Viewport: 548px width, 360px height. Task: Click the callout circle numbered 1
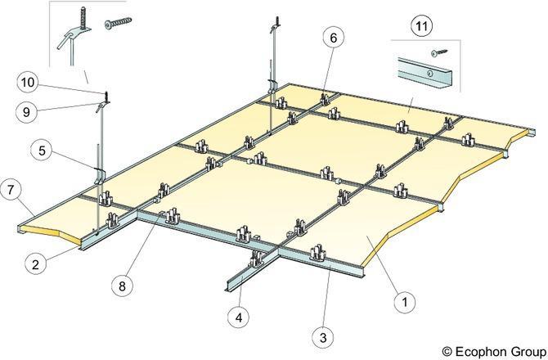click(x=405, y=301)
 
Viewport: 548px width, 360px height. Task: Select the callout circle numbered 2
click(x=35, y=264)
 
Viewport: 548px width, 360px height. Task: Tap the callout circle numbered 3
click(x=323, y=337)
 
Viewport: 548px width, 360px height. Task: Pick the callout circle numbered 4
click(x=239, y=317)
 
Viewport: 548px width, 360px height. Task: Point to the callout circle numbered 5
click(x=42, y=151)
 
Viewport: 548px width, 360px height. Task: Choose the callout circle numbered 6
click(x=333, y=38)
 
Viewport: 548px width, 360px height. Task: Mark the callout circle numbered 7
click(x=11, y=190)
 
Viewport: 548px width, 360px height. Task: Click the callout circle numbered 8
click(x=122, y=286)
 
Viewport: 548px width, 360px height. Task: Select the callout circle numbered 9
click(x=26, y=112)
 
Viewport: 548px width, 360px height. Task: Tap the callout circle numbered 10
click(x=28, y=83)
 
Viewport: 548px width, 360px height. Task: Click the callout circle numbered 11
click(x=422, y=26)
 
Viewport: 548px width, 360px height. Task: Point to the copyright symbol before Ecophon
click(x=447, y=351)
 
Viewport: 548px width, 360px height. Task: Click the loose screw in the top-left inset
click(x=119, y=23)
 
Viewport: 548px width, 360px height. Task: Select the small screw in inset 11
click(x=439, y=52)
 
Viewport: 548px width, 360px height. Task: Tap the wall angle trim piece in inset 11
click(x=424, y=72)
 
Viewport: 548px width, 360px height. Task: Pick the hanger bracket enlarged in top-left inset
click(x=75, y=34)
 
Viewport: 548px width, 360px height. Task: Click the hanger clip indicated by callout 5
click(x=99, y=175)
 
